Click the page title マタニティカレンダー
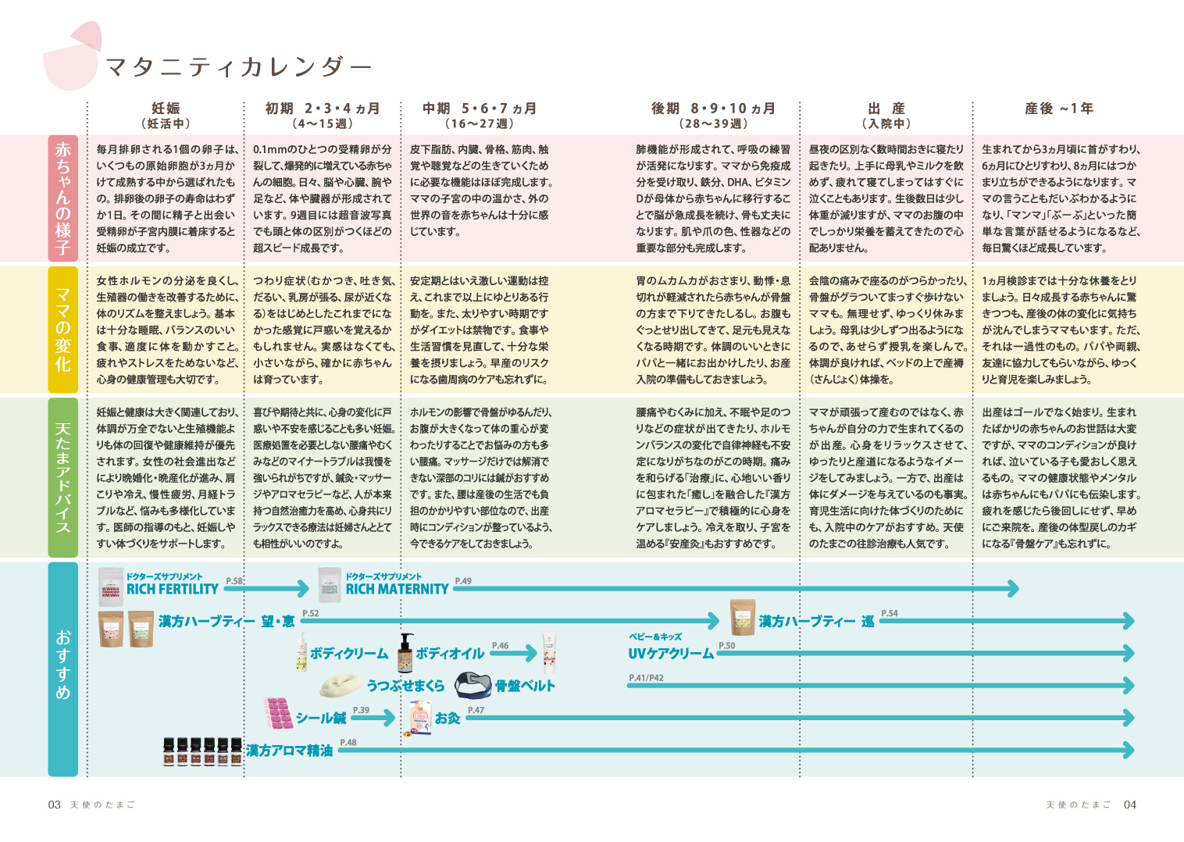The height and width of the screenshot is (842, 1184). point(238,67)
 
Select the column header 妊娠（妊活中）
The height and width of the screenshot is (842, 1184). point(166,116)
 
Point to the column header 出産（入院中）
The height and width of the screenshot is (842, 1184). point(886,116)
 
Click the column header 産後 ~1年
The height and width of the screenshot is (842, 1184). point(1058,109)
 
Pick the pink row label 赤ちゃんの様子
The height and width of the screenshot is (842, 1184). point(62,198)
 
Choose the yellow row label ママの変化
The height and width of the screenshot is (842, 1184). point(62,329)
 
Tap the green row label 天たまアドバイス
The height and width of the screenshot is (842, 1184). point(62,477)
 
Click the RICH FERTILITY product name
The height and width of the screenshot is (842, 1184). point(172,590)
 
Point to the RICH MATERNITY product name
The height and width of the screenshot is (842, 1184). point(397,590)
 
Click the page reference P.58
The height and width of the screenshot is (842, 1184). point(234,581)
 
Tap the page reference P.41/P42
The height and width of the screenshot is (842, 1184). point(646,678)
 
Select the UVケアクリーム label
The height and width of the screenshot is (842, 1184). point(671,654)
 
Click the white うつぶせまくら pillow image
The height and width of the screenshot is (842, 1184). point(341,685)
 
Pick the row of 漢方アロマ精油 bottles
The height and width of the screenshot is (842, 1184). point(202,751)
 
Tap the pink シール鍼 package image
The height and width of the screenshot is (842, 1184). point(278,712)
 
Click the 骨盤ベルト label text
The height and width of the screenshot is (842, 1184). point(525,686)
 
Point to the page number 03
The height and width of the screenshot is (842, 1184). point(54,805)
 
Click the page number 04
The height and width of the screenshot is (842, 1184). point(1129,805)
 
